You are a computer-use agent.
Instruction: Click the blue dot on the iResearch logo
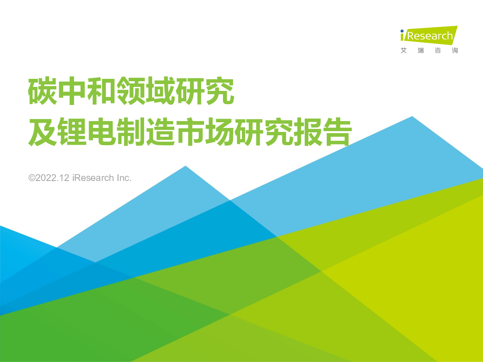tap(402, 31)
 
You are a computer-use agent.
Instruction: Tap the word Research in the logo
tap(430, 36)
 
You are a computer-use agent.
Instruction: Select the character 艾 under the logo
tap(404, 51)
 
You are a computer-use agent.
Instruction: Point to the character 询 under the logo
tap(455, 51)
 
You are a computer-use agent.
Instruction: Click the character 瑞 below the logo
tap(421, 51)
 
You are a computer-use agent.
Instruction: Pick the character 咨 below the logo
tap(438, 51)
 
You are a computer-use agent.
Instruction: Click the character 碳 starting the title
tap(42, 90)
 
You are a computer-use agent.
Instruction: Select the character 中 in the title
tap(72, 90)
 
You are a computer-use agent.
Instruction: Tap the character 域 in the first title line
tap(160, 90)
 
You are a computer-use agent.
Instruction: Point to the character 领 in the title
tap(131, 90)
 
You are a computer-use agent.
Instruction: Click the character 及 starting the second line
tap(42, 132)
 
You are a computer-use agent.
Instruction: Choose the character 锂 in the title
tap(72, 132)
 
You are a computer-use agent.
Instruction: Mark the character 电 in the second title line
tap(101, 132)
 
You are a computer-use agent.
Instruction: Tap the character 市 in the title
tap(190, 132)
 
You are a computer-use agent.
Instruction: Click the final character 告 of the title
tap(337, 132)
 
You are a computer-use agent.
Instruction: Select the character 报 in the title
tap(308, 132)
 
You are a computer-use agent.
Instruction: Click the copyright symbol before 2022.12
tap(32, 178)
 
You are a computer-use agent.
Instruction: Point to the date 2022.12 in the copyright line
tap(52, 178)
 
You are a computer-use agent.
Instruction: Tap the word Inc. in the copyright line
tap(124, 178)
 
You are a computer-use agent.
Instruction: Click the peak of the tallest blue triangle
tap(412, 117)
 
